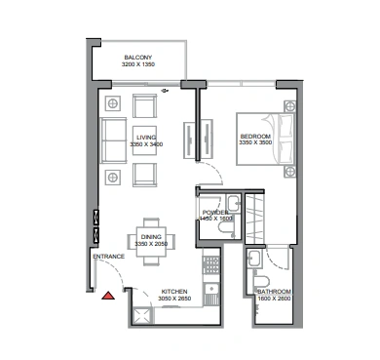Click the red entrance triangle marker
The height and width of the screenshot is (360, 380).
108,296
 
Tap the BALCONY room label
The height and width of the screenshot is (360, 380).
138,58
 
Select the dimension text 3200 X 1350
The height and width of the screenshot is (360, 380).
138,64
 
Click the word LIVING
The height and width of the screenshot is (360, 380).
146,138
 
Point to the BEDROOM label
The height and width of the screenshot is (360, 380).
255,137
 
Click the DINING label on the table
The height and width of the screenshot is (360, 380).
151,237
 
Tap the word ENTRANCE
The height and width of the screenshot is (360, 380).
109,257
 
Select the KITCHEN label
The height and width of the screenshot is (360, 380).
174,292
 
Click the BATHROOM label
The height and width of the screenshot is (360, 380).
274,292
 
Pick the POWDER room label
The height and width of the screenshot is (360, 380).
215,213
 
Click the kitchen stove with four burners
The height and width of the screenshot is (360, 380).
210,264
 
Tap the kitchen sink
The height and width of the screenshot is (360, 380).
211,294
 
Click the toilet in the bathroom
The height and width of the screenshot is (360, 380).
261,283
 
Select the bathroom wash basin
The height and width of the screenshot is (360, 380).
254,259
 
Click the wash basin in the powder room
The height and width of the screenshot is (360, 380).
234,204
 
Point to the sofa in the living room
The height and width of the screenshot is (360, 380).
113,140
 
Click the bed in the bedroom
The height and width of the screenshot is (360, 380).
266,139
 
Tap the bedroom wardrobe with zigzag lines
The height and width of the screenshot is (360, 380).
255,219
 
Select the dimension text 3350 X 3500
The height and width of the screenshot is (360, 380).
255,142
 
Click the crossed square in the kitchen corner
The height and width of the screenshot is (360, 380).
142,316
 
